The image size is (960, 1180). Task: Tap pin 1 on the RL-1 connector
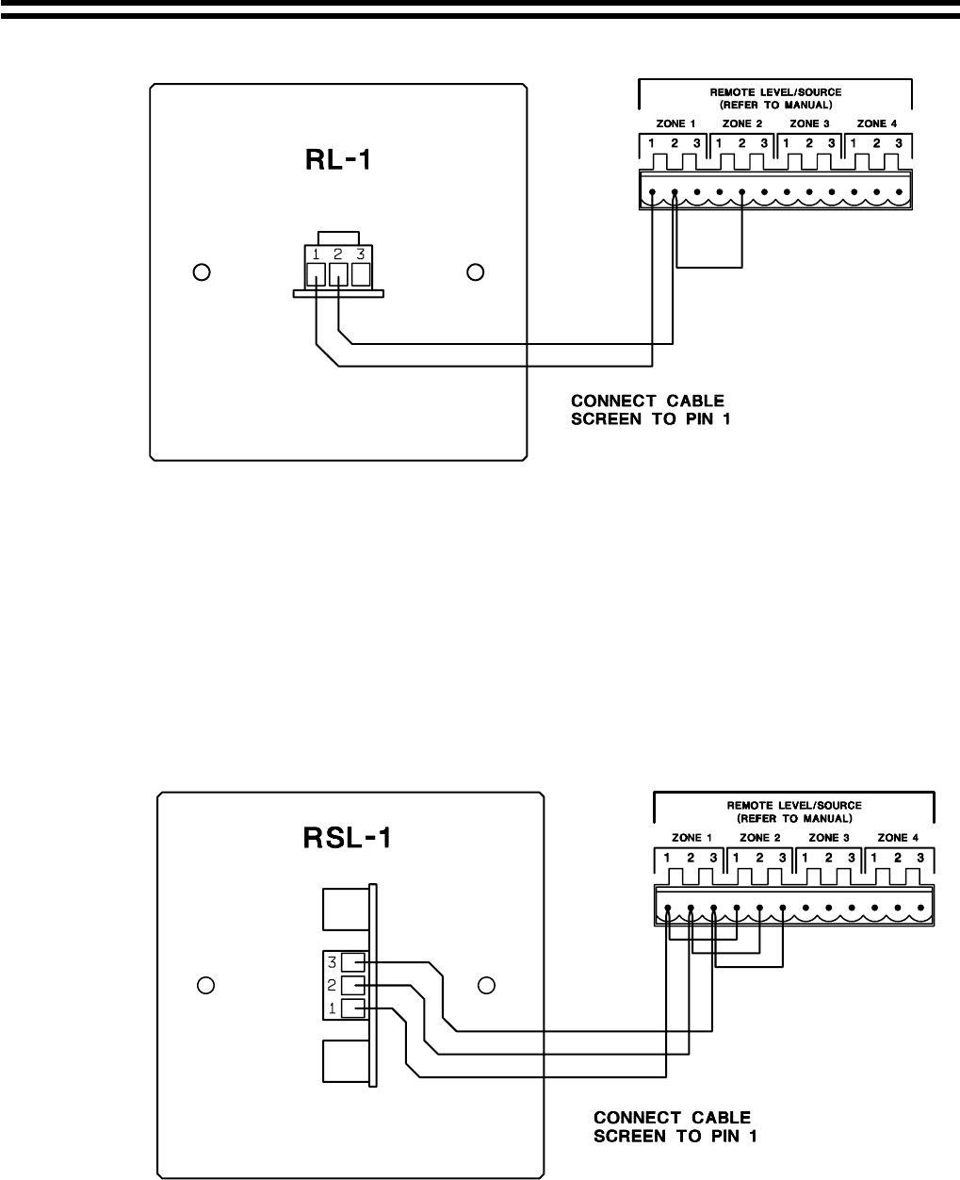pyautogui.click(x=317, y=275)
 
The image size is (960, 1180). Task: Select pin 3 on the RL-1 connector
pyautogui.click(x=361, y=275)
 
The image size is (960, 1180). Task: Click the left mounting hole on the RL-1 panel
pyautogui.click(x=200, y=273)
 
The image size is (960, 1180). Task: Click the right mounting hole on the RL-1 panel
pyautogui.click(x=476, y=272)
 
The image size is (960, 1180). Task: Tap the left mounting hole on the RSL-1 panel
pyautogui.click(x=204, y=986)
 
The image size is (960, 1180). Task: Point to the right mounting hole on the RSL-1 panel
pyautogui.click(x=486, y=985)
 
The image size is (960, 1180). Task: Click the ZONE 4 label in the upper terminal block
pyautogui.click(x=876, y=123)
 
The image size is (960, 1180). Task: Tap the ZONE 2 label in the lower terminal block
pyautogui.click(x=760, y=837)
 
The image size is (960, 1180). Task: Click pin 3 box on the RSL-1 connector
pyautogui.click(x=352, y=962)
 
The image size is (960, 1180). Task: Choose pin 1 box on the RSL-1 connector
pyautogui.click(x=352, y=1008)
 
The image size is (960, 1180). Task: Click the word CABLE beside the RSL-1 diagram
pyautogui.click(x=714, y=1118)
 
